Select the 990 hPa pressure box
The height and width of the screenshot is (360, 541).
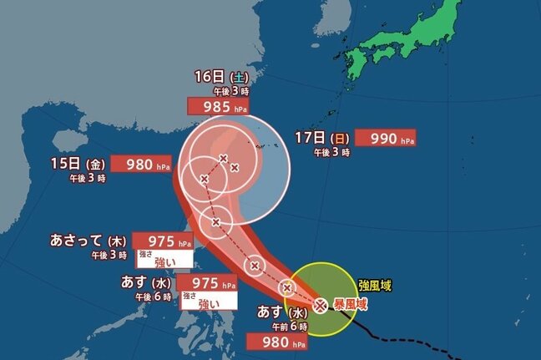pos(385,138)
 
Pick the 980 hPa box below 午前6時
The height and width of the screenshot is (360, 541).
pos(276,341)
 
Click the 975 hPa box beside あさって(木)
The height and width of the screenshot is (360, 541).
pos(162,242)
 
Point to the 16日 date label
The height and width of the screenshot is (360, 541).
pos(205,76)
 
